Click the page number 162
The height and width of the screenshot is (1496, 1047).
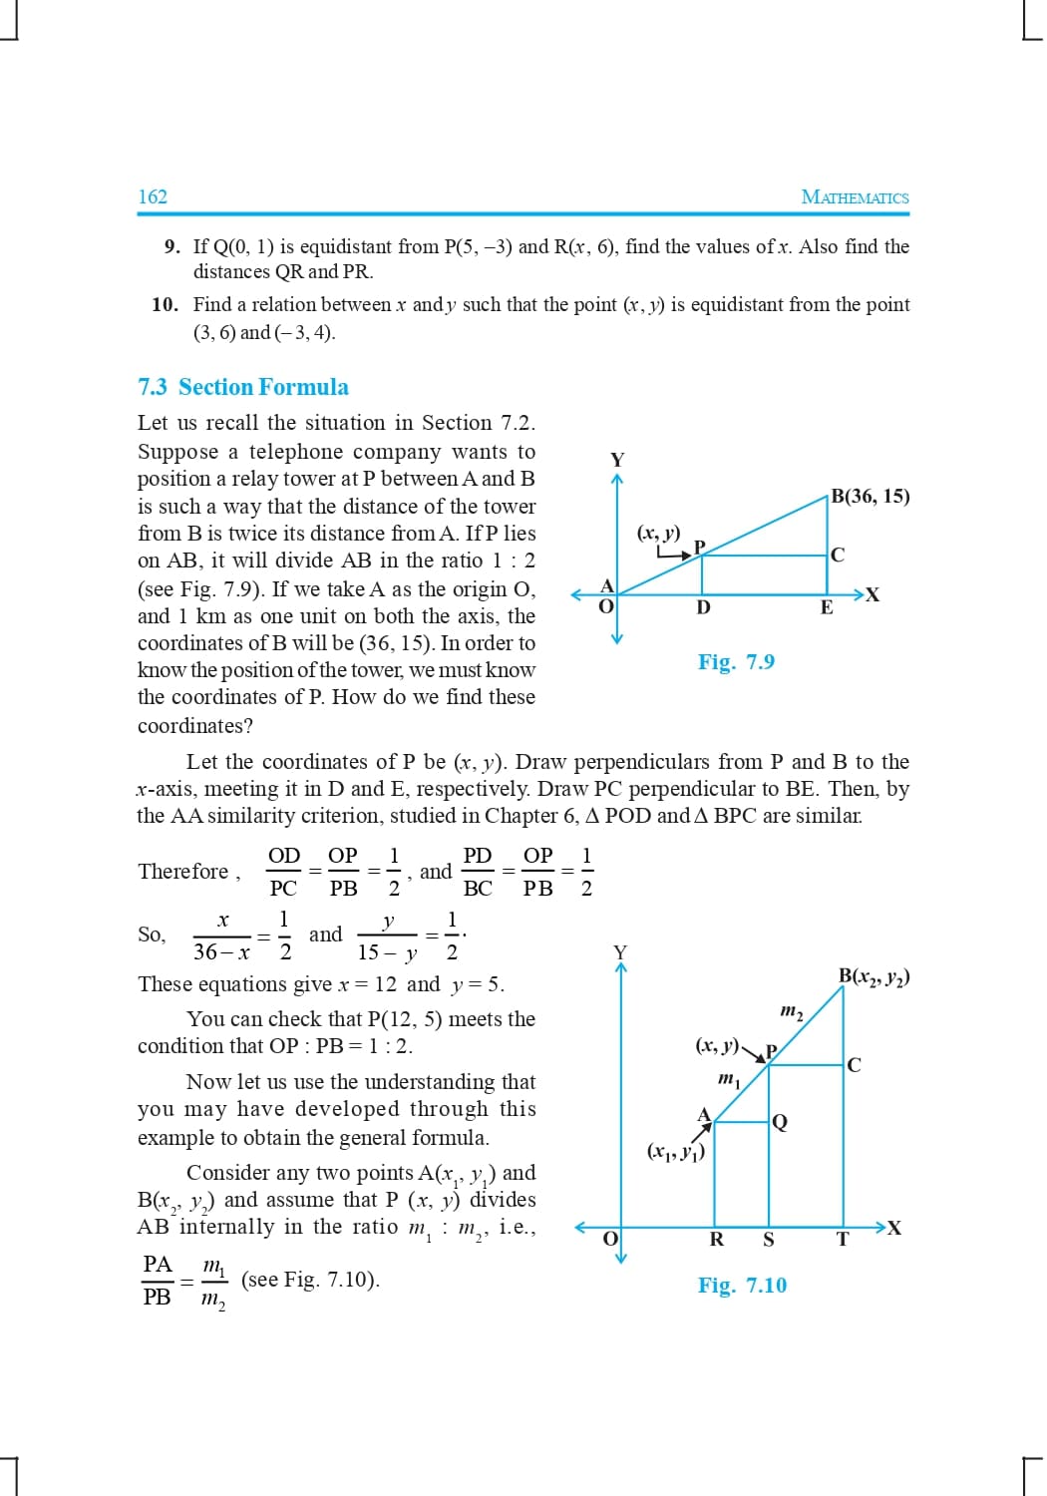(x=153, y=196)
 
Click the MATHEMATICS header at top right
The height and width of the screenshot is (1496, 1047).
(x=855, y=197)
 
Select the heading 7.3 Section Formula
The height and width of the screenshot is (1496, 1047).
(x=243, y=387)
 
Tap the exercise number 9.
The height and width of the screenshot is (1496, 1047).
(x=172, y=246)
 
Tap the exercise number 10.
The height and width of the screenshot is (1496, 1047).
(x=165, y=304)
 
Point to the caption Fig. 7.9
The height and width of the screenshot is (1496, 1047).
(x=736, y=662)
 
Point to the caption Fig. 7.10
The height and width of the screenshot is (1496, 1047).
(x=742, y=1286)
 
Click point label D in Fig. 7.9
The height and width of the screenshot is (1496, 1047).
(x=703, y=607)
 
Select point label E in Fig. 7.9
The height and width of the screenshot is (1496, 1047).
(x=827, y=607)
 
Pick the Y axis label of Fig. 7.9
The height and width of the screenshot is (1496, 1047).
(x=617, y=460)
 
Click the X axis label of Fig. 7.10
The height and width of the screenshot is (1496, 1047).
(x=894, y=1228)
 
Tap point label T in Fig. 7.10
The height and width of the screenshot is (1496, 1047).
(x=843, y=1240)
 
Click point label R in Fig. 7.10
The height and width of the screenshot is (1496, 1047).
(x=716, y=1240)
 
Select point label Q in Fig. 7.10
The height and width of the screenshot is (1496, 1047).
(x=780, y=1123)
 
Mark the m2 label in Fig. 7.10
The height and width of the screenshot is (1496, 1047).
(x=791, y=1012)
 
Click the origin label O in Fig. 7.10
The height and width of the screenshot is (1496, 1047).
(x=611, y=1238)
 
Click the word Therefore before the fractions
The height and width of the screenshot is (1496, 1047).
(x=183, y=872)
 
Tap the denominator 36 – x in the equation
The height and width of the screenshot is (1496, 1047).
(x=221, y=952)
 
